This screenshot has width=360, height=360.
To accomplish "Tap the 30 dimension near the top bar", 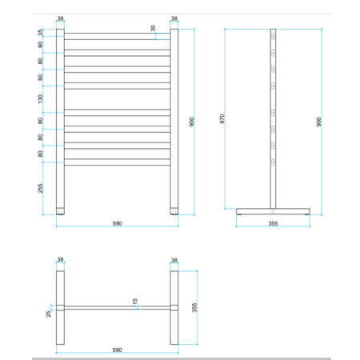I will coord(154,29).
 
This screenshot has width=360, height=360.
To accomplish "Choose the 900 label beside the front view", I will coord(191,121).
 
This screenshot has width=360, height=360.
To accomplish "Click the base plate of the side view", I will coord(273,212).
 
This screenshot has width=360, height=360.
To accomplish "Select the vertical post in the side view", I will coord(274,120).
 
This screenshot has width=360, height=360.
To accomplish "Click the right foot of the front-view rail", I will coord(174,211).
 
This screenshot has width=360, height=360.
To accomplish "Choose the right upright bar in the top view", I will coord(174,308).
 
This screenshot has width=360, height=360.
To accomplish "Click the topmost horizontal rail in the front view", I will coord(117,35).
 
